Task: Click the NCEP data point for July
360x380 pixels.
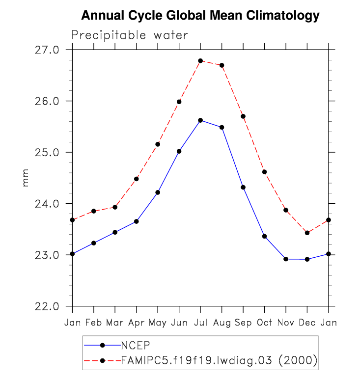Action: coord(200,120)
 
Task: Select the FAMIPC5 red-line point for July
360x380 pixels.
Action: coord(200,61)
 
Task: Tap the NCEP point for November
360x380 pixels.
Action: coord(286,259)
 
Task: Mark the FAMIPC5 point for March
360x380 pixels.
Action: coord(115,207)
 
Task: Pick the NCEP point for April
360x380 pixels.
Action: coord(136,221)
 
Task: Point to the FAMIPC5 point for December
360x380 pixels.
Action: coord(307,233)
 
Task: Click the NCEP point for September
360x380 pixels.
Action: coord(243,187)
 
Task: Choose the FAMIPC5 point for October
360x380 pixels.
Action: coord(264,172)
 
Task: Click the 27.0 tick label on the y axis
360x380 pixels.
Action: coord(47,50)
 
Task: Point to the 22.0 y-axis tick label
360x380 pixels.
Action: coord(47,306)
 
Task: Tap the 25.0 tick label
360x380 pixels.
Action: coord(47,153)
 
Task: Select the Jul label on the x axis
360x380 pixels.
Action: coord(200,323)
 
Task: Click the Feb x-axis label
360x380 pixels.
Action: coord(93,323)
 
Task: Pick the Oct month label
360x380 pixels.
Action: coord(264,323)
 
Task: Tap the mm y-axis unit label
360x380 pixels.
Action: coord(26,178)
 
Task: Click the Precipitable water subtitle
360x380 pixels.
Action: coord(130,35)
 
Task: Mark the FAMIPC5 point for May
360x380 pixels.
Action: coord(158,144)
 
